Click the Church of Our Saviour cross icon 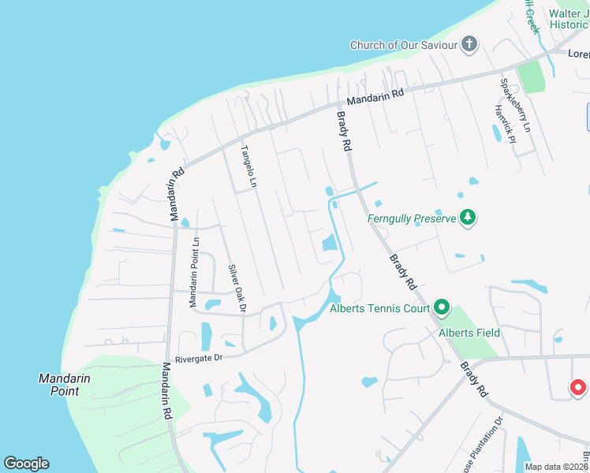[x=469, y=44]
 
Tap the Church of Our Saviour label [x=404, y=45]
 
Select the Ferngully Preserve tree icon [x=468, y=217]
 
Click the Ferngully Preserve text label [x=412, y=218]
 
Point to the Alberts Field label [x=469, y=333]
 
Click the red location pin [x=578, y=387]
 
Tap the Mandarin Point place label [x=64, y=384]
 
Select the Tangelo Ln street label [x=248, y=167]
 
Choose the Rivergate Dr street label [x=201, y=357]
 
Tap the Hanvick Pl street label [x=504, y=124]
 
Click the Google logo [x=26, y=464]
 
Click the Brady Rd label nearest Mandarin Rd [x=344, y=131]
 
